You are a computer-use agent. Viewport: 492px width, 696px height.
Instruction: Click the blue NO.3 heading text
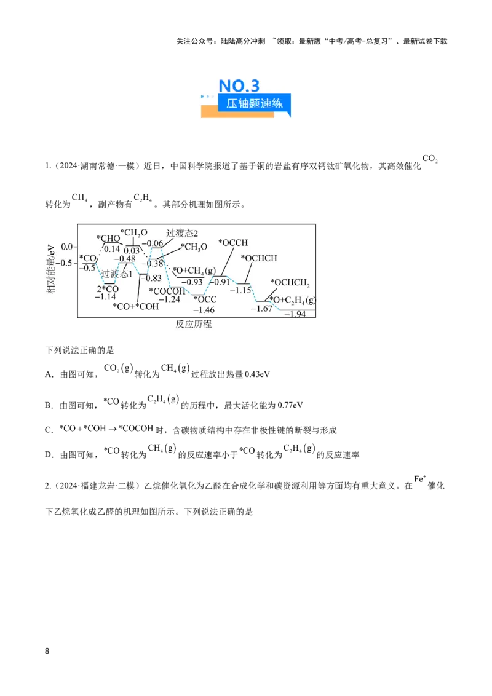click(x=239, y=85)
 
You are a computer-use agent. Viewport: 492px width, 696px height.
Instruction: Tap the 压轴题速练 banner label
click(x=254, y=103)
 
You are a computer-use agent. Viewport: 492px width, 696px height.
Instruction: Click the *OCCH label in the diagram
click(x=233, y=243)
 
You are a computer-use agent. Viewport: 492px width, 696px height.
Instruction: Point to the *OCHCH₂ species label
click(x=290, y=282)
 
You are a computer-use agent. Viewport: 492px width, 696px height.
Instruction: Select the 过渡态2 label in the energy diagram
click(x=182, y=233)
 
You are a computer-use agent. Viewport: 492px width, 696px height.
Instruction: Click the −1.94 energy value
click(x=295, y=314)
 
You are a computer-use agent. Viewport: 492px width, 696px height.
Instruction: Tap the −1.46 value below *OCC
click(x=204, y=310)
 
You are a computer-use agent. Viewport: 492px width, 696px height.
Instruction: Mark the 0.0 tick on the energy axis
click(x=67, y=247)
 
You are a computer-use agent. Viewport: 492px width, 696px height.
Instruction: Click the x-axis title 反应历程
click(x=194, y=324)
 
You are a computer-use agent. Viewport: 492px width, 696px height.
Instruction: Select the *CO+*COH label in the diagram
click(x=135, y=306)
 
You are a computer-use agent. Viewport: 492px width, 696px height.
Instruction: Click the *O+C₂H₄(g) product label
click(x=293, y=300)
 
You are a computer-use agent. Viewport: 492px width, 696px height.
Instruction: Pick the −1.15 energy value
click(x=240, y=290)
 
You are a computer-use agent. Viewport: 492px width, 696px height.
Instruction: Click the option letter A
click(x=49, y=374)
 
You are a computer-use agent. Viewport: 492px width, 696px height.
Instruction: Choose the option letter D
click(x=49, y=455)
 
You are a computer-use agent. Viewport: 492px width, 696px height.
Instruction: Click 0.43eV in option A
click(x=258, y=374)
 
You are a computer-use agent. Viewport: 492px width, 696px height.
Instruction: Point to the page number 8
click(x=47, y=651)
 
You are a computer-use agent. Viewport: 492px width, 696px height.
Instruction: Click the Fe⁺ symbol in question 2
click(x=419, y=479)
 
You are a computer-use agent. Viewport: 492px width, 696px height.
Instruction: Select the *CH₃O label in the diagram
click(x=194, y=247)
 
